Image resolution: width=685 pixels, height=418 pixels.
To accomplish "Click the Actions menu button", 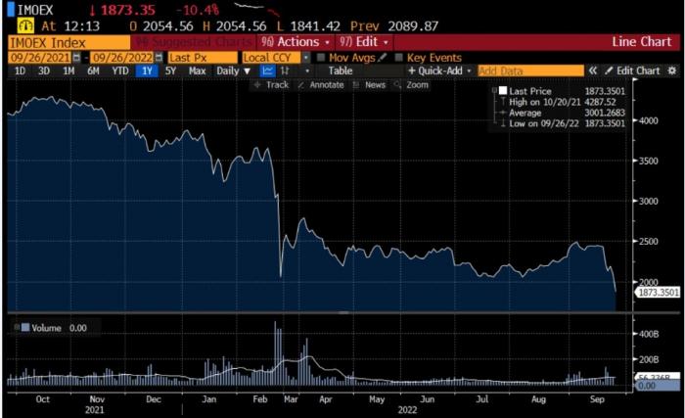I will (294, 42).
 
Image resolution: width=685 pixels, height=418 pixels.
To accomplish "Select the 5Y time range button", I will (170, 70).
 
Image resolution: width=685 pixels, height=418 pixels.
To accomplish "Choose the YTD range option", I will (120, 70).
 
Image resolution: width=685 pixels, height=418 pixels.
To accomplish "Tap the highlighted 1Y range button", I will (147, 70).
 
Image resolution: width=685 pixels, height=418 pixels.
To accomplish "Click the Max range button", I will (197, 70).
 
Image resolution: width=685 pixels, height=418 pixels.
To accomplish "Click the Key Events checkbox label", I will (434, 57).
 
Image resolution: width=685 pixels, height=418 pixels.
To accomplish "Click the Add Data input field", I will (529, 70).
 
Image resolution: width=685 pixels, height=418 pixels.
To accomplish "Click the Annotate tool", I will (325, 85).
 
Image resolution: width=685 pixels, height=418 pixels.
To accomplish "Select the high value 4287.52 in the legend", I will (602, 101).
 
